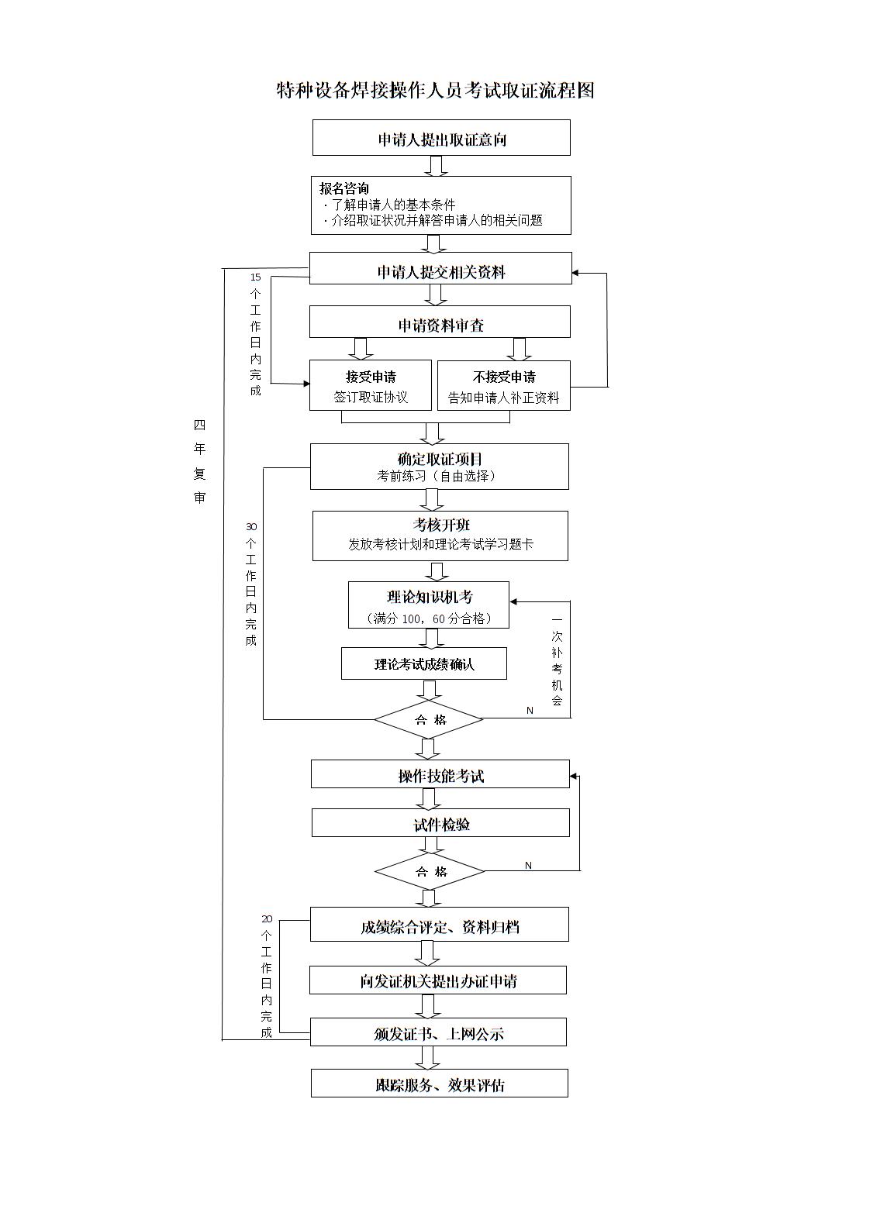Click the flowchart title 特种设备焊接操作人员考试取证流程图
tap(435, 91)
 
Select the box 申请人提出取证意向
tap(441, 139)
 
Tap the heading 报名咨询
tap(344, 188)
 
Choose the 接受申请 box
tap(371, 386)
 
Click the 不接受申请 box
tap(504, 386)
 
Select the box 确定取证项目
tap(440, 467)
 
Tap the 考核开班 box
tap(440, 535)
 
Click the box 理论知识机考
tap(429, 605)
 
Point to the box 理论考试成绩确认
tap(424, 664)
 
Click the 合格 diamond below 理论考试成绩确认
tap(430, 719)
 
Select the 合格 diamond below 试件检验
tap(430, 871)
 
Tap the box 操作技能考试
tap(440, 775)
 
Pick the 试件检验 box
tap(440, 823)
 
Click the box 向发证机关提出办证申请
tap(438, 980)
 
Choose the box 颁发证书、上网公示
tap(438, 1032)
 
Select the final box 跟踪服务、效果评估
tap(440, 1084)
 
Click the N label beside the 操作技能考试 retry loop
tap(529, 865)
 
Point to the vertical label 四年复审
tap(200, 461)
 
